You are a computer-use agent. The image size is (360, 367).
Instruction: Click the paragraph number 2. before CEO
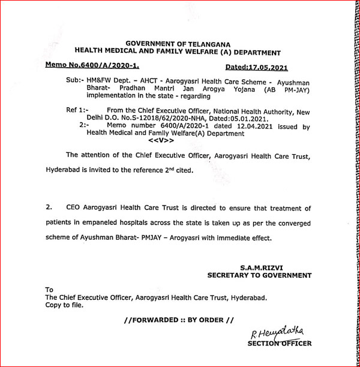(50, 207)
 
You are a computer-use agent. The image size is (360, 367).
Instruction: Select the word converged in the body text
(292, 222)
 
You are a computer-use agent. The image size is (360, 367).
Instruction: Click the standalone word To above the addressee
(49, 290)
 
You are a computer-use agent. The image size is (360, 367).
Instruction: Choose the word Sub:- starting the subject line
(76, 79)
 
